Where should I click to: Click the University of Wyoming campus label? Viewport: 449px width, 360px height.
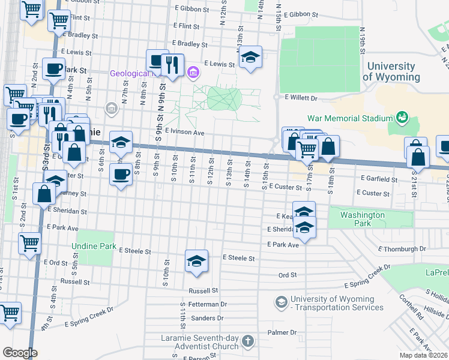(x=390, y=71)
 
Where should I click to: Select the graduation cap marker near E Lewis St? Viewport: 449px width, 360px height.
(x=250, y=58)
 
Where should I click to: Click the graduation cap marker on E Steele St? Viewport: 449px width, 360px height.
(x=196, y=262)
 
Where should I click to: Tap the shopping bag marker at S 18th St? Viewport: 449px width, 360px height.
(x=328, y=146)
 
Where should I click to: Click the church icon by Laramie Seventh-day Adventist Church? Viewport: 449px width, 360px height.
(x=249, y=342)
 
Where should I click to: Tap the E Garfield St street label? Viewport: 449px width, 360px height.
(x=379, y=179)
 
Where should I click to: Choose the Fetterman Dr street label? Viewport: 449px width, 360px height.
(x=208, y=305)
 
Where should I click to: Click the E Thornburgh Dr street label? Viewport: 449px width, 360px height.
(x=402, y=248)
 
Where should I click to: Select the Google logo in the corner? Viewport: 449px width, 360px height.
(x=20, y=353)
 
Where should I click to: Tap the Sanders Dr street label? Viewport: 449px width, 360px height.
(x=207, y=318)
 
